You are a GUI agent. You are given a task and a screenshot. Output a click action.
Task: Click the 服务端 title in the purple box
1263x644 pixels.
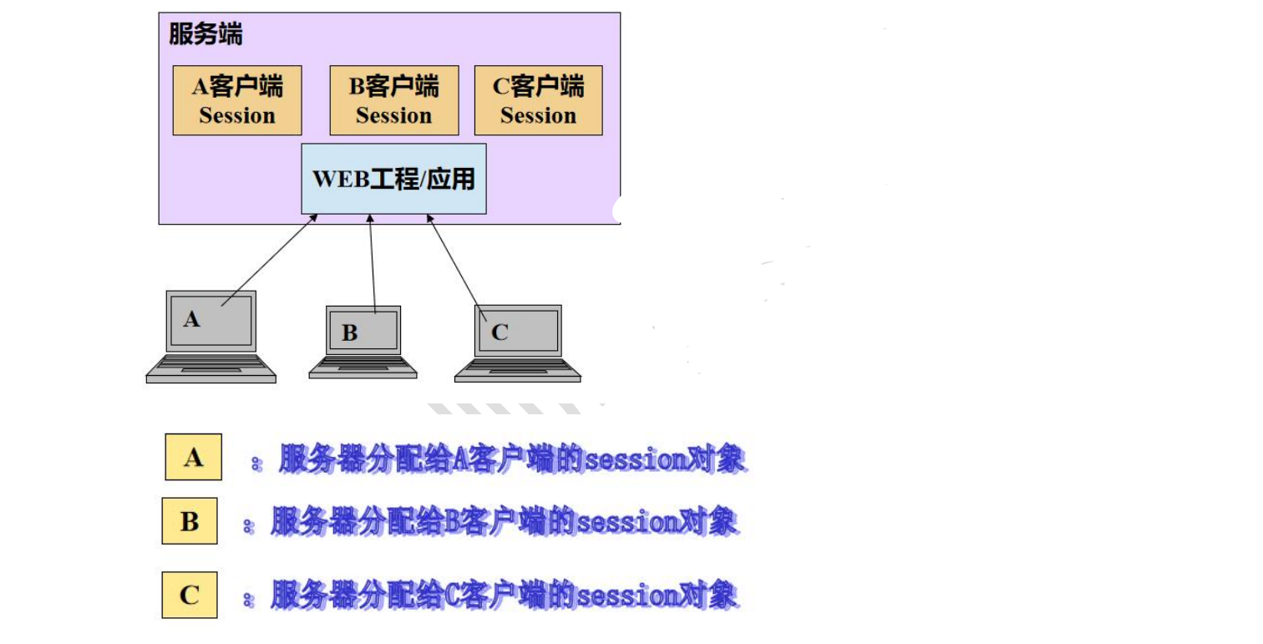205,34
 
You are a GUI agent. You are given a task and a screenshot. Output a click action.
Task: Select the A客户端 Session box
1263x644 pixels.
237,100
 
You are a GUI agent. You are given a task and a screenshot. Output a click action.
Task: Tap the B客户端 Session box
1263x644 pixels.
394,100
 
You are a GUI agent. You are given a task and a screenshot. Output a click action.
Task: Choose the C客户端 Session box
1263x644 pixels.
538,100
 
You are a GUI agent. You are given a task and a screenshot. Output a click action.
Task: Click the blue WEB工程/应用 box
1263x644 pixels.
393,179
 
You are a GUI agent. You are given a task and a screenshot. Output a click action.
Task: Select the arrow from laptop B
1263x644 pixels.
373,263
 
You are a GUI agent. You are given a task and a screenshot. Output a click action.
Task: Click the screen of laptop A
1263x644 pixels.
211,322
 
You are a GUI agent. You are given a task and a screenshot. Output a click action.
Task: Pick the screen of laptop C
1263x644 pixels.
518,331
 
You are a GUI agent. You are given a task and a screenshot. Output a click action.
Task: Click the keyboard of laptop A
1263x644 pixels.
211,366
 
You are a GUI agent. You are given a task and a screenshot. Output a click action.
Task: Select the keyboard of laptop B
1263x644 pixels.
363,365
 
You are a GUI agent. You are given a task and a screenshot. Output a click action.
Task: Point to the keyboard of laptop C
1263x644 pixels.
518,368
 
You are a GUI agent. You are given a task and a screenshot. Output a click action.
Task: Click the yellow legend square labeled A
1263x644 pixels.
194,457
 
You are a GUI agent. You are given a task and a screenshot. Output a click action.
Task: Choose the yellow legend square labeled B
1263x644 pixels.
190,521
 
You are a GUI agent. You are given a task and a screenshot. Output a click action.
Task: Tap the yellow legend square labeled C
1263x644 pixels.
190,595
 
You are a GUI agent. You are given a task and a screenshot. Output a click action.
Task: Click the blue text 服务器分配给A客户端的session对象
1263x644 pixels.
511,459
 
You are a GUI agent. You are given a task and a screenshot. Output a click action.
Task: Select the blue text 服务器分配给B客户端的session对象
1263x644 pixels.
504,522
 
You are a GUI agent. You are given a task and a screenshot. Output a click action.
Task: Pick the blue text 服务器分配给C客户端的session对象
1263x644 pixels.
504,596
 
